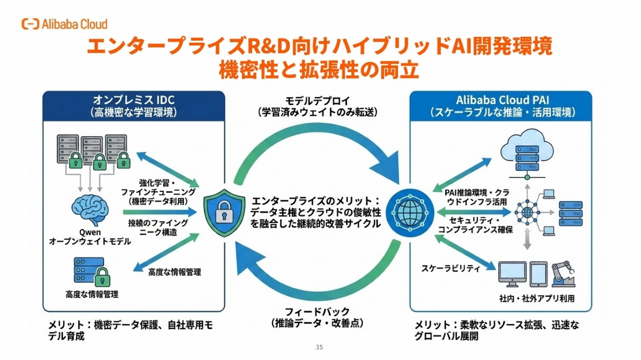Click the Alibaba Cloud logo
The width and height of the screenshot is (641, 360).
tap(64, 24)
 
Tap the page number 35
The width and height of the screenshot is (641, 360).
tap(319, 347)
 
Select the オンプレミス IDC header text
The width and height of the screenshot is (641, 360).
tap(134, 101)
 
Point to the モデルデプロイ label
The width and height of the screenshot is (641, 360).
tap(318, 101)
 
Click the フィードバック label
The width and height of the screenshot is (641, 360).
tap(318, 311)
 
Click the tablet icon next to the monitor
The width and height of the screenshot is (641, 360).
tap(538, 274)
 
